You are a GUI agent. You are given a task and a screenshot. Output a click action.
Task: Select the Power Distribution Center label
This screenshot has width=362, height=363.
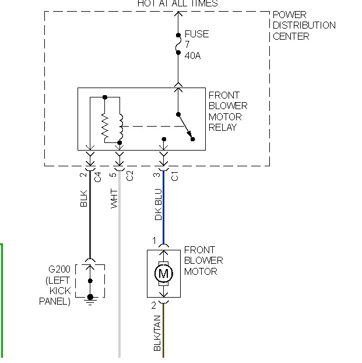click(x=304, y=25)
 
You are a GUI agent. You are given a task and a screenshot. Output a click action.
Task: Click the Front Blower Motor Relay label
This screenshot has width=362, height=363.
click(x=227, y=111)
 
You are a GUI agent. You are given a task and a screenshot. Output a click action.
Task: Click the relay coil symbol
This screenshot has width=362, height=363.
click(x=120, y=125)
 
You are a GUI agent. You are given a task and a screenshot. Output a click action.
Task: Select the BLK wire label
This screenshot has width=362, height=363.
click(x=84, y=199)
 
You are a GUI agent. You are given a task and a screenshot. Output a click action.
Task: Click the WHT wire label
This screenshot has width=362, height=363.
click(x=114, y=199)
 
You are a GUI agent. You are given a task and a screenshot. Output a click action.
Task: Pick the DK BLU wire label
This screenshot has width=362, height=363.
click(x=158, y=204)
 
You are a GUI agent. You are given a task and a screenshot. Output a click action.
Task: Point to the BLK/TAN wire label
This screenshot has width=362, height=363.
click(x=157, y=333)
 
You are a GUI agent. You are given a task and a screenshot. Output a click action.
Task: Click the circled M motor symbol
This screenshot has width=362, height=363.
click(x=163, y=273)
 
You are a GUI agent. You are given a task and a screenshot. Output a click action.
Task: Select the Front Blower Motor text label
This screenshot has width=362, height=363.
click(x=203, y=260)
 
